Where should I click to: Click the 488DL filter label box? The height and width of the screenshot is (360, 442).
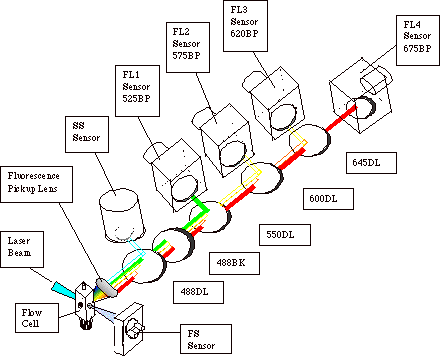(198, 292)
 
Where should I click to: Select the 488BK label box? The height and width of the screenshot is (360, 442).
(234, 263)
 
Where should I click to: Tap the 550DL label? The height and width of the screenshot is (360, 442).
(285, 235)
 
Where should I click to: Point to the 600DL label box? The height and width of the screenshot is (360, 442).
(328, 199)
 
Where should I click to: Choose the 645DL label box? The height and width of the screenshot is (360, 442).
(371, 163)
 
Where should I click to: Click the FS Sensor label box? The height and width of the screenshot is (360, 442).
(206, 339)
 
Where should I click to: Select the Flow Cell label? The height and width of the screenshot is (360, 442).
(37, 318)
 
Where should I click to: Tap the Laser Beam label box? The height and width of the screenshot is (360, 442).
(22, 249)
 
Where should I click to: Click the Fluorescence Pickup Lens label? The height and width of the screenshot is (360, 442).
(36, 185)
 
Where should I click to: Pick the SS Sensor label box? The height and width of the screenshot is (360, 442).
(87, 134)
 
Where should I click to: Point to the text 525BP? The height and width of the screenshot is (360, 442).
(136, 99)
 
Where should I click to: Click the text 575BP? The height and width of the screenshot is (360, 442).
(187, 56)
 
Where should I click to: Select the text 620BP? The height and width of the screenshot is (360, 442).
(244, 34)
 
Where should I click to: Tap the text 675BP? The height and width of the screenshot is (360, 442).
(417, 48)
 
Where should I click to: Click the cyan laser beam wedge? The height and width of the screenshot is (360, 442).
(63, 290)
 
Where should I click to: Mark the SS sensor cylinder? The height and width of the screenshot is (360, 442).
(122, 216)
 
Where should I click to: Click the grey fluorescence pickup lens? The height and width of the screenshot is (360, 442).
(107, 288)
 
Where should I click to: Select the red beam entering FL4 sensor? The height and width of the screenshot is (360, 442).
(342, 118)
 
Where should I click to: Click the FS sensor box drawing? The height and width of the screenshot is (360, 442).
(128, 329)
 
